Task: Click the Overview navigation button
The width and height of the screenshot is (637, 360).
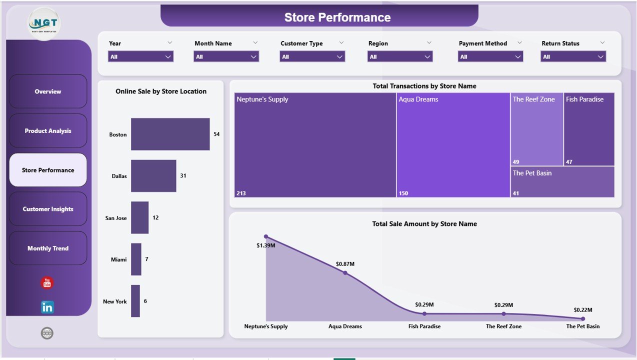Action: tap(48, 91)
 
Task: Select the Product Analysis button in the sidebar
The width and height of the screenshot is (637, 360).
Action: tap(48, 131)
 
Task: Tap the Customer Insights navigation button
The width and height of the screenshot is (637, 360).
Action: tap(48, 209)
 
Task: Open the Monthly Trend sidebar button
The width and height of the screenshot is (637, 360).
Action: tap(48, 248)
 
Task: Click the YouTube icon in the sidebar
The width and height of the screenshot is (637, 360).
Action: tap(47, 283)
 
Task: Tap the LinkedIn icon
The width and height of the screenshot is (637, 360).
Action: tap(47, 307)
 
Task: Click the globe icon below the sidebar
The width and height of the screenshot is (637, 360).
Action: tap(47, 333)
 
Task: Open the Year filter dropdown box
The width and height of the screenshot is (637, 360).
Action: tap(140, 57)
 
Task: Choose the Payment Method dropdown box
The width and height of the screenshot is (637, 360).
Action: tap(490, 57)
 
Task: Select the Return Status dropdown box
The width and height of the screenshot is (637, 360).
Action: tap(573, 57)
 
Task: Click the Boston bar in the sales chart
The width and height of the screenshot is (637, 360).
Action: tap(170, 134)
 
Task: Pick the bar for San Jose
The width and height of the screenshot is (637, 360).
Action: tap(139, 217)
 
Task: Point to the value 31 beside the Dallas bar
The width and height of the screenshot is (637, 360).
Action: tap(183, 176)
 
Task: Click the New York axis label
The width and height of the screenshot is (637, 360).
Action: tap(114, 301)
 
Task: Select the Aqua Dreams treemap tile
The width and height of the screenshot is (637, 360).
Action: tap(453, 145)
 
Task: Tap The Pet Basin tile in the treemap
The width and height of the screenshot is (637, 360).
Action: tap(562, 181)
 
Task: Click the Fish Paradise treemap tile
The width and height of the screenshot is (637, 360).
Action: tap(588, 129)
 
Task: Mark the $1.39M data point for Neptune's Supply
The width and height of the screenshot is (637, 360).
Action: tap(266, 236)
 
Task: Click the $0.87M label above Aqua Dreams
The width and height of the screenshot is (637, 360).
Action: tap(345, 264)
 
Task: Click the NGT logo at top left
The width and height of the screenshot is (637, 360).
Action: tap(44, 23)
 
